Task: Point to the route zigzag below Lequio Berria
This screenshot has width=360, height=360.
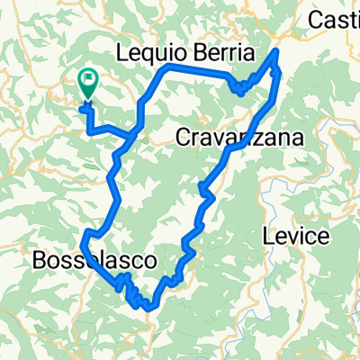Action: click(241, 87)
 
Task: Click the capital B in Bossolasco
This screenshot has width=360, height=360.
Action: click(38, 261)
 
